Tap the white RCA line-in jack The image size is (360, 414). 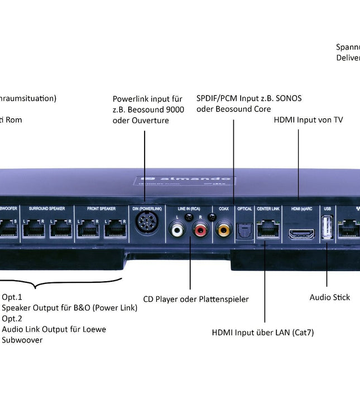(178, 229)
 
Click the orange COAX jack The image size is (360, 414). (224, 229)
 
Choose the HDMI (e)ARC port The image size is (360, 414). (301, 233)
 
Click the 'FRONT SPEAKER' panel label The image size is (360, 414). (102, 209)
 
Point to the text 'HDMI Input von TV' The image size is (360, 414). (308, 120)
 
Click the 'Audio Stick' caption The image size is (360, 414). (330, 297)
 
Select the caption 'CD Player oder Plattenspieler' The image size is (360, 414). (196, 300)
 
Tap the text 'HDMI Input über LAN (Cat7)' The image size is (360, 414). (263, 333)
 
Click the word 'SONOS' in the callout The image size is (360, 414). (288, 98)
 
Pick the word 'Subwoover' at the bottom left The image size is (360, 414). (22, 340)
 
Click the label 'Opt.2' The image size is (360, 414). (12, 319)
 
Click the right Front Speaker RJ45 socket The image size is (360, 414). (115, 228)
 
